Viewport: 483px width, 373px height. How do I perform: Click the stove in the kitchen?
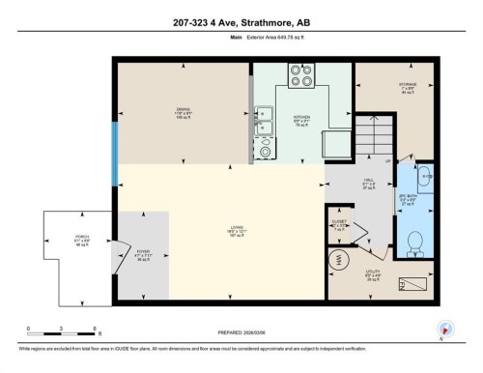301,75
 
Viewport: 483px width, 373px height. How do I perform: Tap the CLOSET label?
338,224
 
